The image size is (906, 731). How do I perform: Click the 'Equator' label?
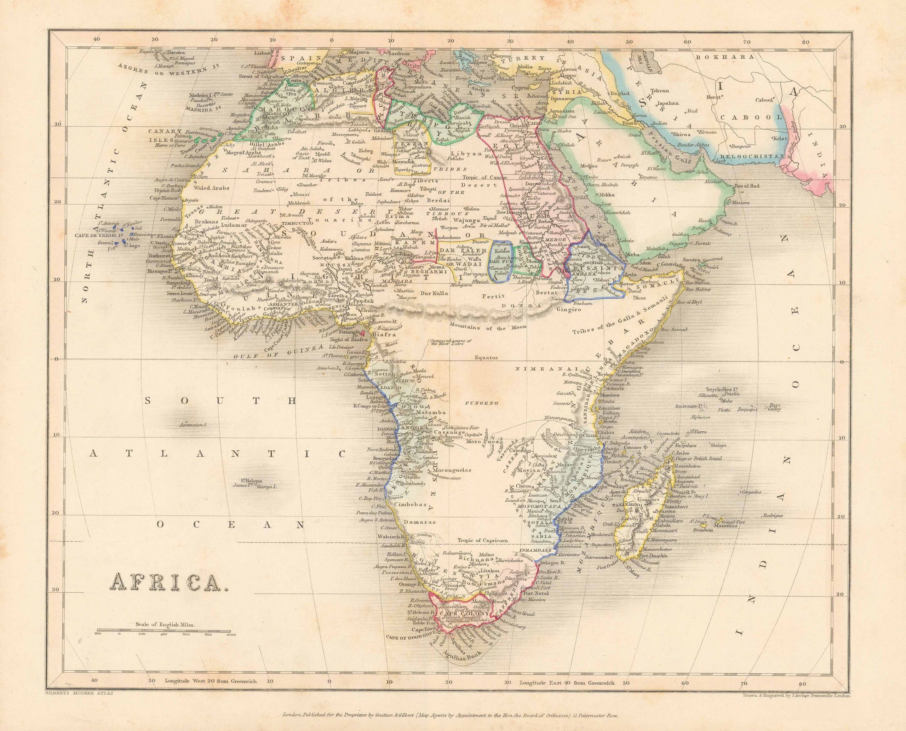pyautogui.click(x=487, y=358)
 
